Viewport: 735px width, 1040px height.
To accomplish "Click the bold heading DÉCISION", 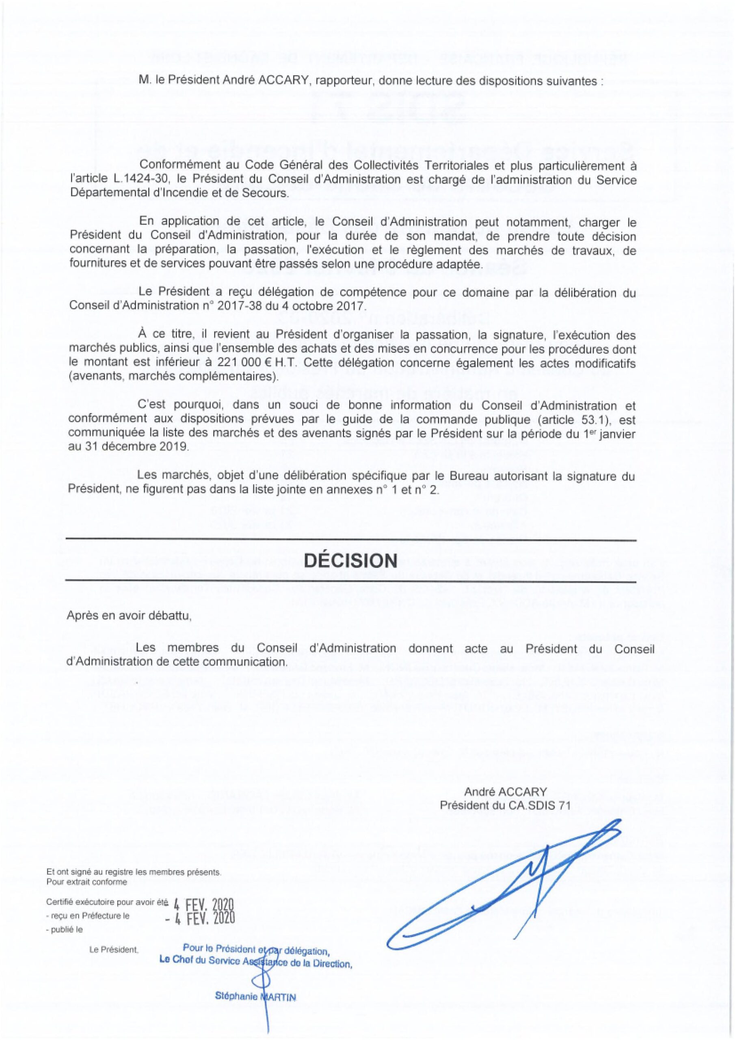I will coord(350,560).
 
